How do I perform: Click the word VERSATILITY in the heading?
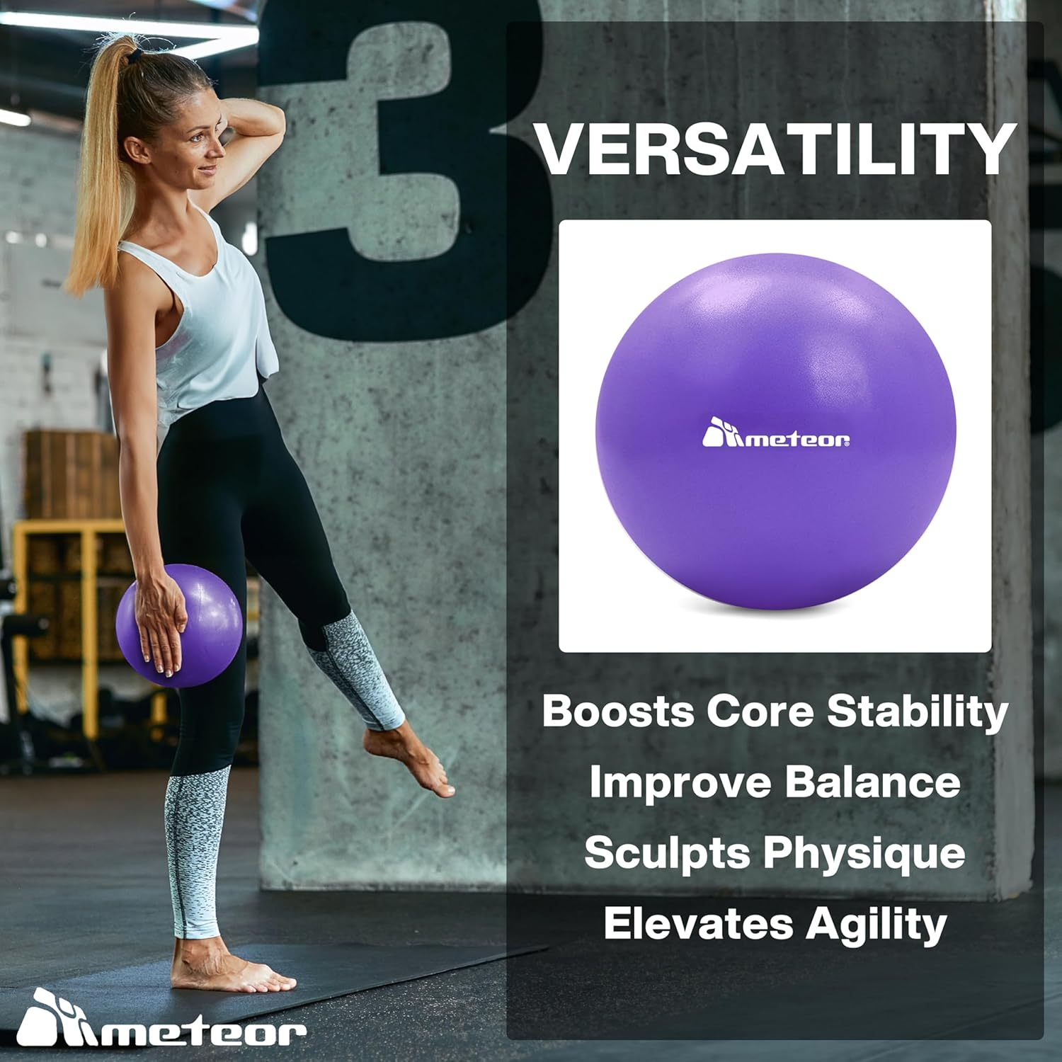775,150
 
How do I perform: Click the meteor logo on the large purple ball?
775,434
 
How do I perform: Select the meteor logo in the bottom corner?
161,1020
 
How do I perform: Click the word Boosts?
617,710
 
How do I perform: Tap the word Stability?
918,710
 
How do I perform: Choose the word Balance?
872,782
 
